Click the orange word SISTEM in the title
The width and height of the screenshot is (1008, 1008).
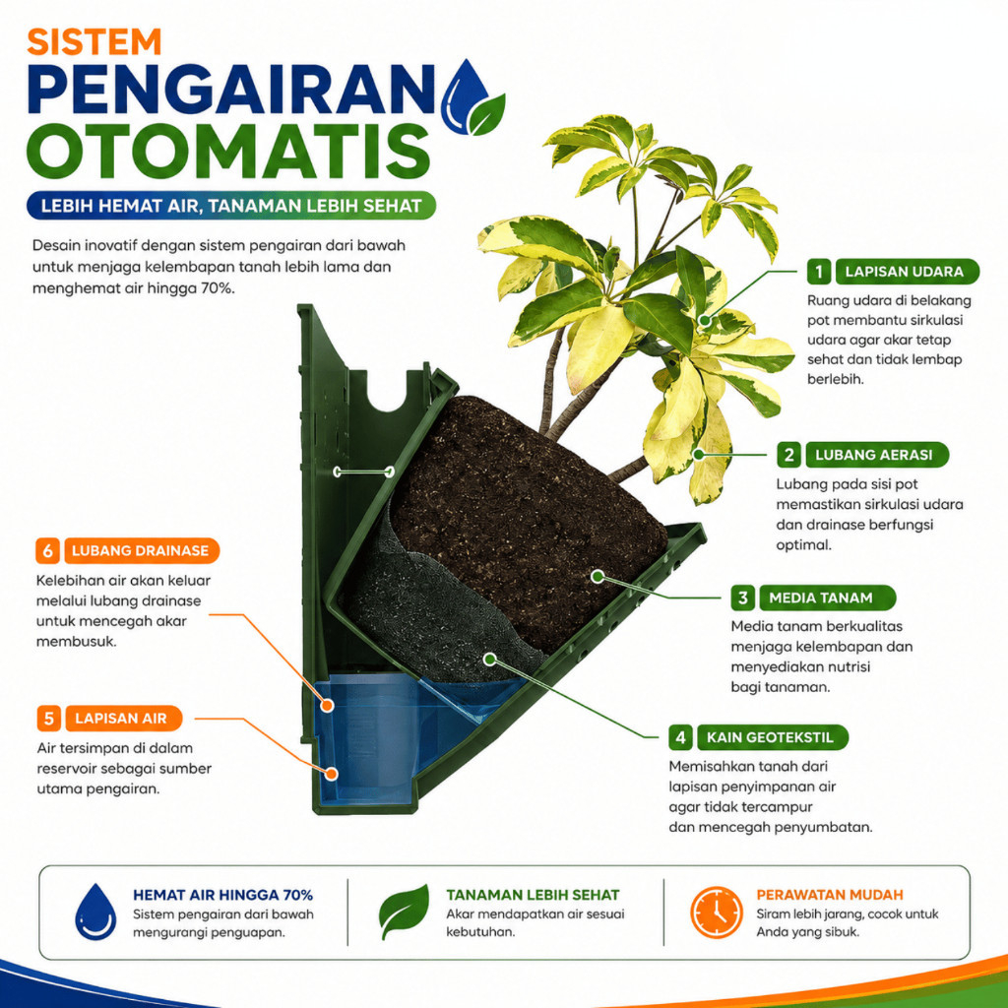coord(94,41)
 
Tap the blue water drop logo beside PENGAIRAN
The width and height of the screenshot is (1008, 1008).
coord(466,96)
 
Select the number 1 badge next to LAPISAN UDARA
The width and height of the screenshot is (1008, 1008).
coord(818,272)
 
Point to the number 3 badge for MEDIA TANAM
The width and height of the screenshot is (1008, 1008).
coord(742,598)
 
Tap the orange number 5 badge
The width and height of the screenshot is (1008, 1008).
coord(49,718)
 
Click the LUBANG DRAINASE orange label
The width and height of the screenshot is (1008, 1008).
coord(142,550)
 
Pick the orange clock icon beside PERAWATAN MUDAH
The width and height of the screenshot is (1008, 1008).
coord(717,912)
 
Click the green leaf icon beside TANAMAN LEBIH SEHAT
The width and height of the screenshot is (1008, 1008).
coord(405,911)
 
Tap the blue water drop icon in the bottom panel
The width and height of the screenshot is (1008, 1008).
coord(95,912)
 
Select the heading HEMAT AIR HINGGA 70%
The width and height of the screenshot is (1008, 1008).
coord(222,895)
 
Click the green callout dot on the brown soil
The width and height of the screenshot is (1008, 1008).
coord(598,576)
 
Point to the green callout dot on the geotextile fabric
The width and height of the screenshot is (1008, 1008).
coord(490,659)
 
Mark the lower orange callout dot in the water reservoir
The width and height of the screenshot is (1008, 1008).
coord(332,774)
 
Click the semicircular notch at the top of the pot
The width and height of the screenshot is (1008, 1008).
coord(388,399)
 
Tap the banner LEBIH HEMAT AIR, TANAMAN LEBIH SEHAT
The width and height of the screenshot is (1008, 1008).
coord(231,206)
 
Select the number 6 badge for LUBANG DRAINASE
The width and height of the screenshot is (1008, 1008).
coord(47,550)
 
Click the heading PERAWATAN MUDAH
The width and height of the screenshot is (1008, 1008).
coord(829,895)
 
